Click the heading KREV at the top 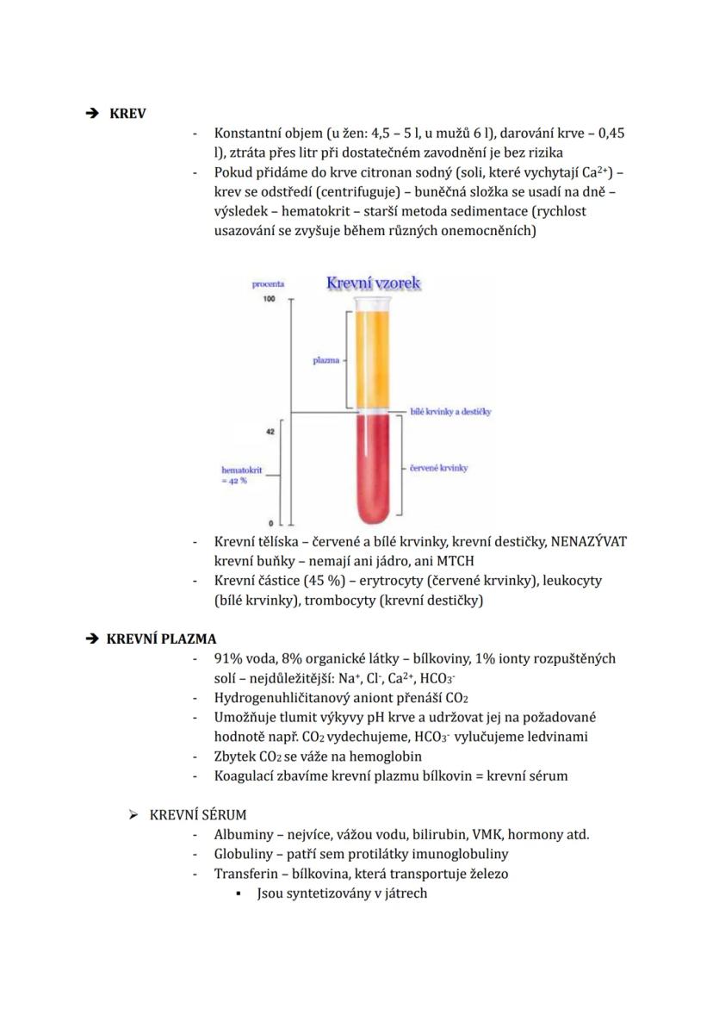tap(127, 114)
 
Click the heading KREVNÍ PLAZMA tap(161, 638)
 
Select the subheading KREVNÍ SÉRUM tap(198, 814)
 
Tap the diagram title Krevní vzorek tap(373, 282)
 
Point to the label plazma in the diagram tap(325, 361)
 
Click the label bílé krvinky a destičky tap(450, 413)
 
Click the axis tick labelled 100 tap(270, 298)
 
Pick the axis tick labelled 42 tap(270, 432)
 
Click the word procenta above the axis tap(268, 283)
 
